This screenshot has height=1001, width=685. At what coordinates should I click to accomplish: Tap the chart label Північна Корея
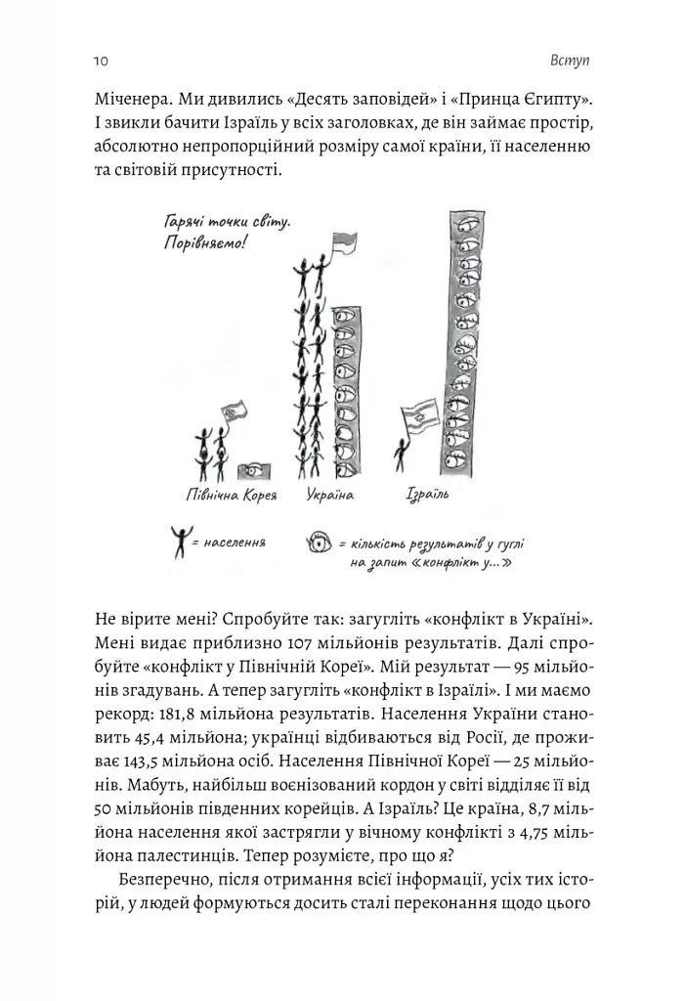(232, 495)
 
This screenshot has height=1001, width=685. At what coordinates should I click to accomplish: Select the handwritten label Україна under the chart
(329, 495)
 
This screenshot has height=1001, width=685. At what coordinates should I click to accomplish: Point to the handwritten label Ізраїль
(426, 495)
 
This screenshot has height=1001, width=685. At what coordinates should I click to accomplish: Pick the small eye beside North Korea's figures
(255, 470)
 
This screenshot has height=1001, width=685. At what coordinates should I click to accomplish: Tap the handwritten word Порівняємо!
(206, 242)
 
